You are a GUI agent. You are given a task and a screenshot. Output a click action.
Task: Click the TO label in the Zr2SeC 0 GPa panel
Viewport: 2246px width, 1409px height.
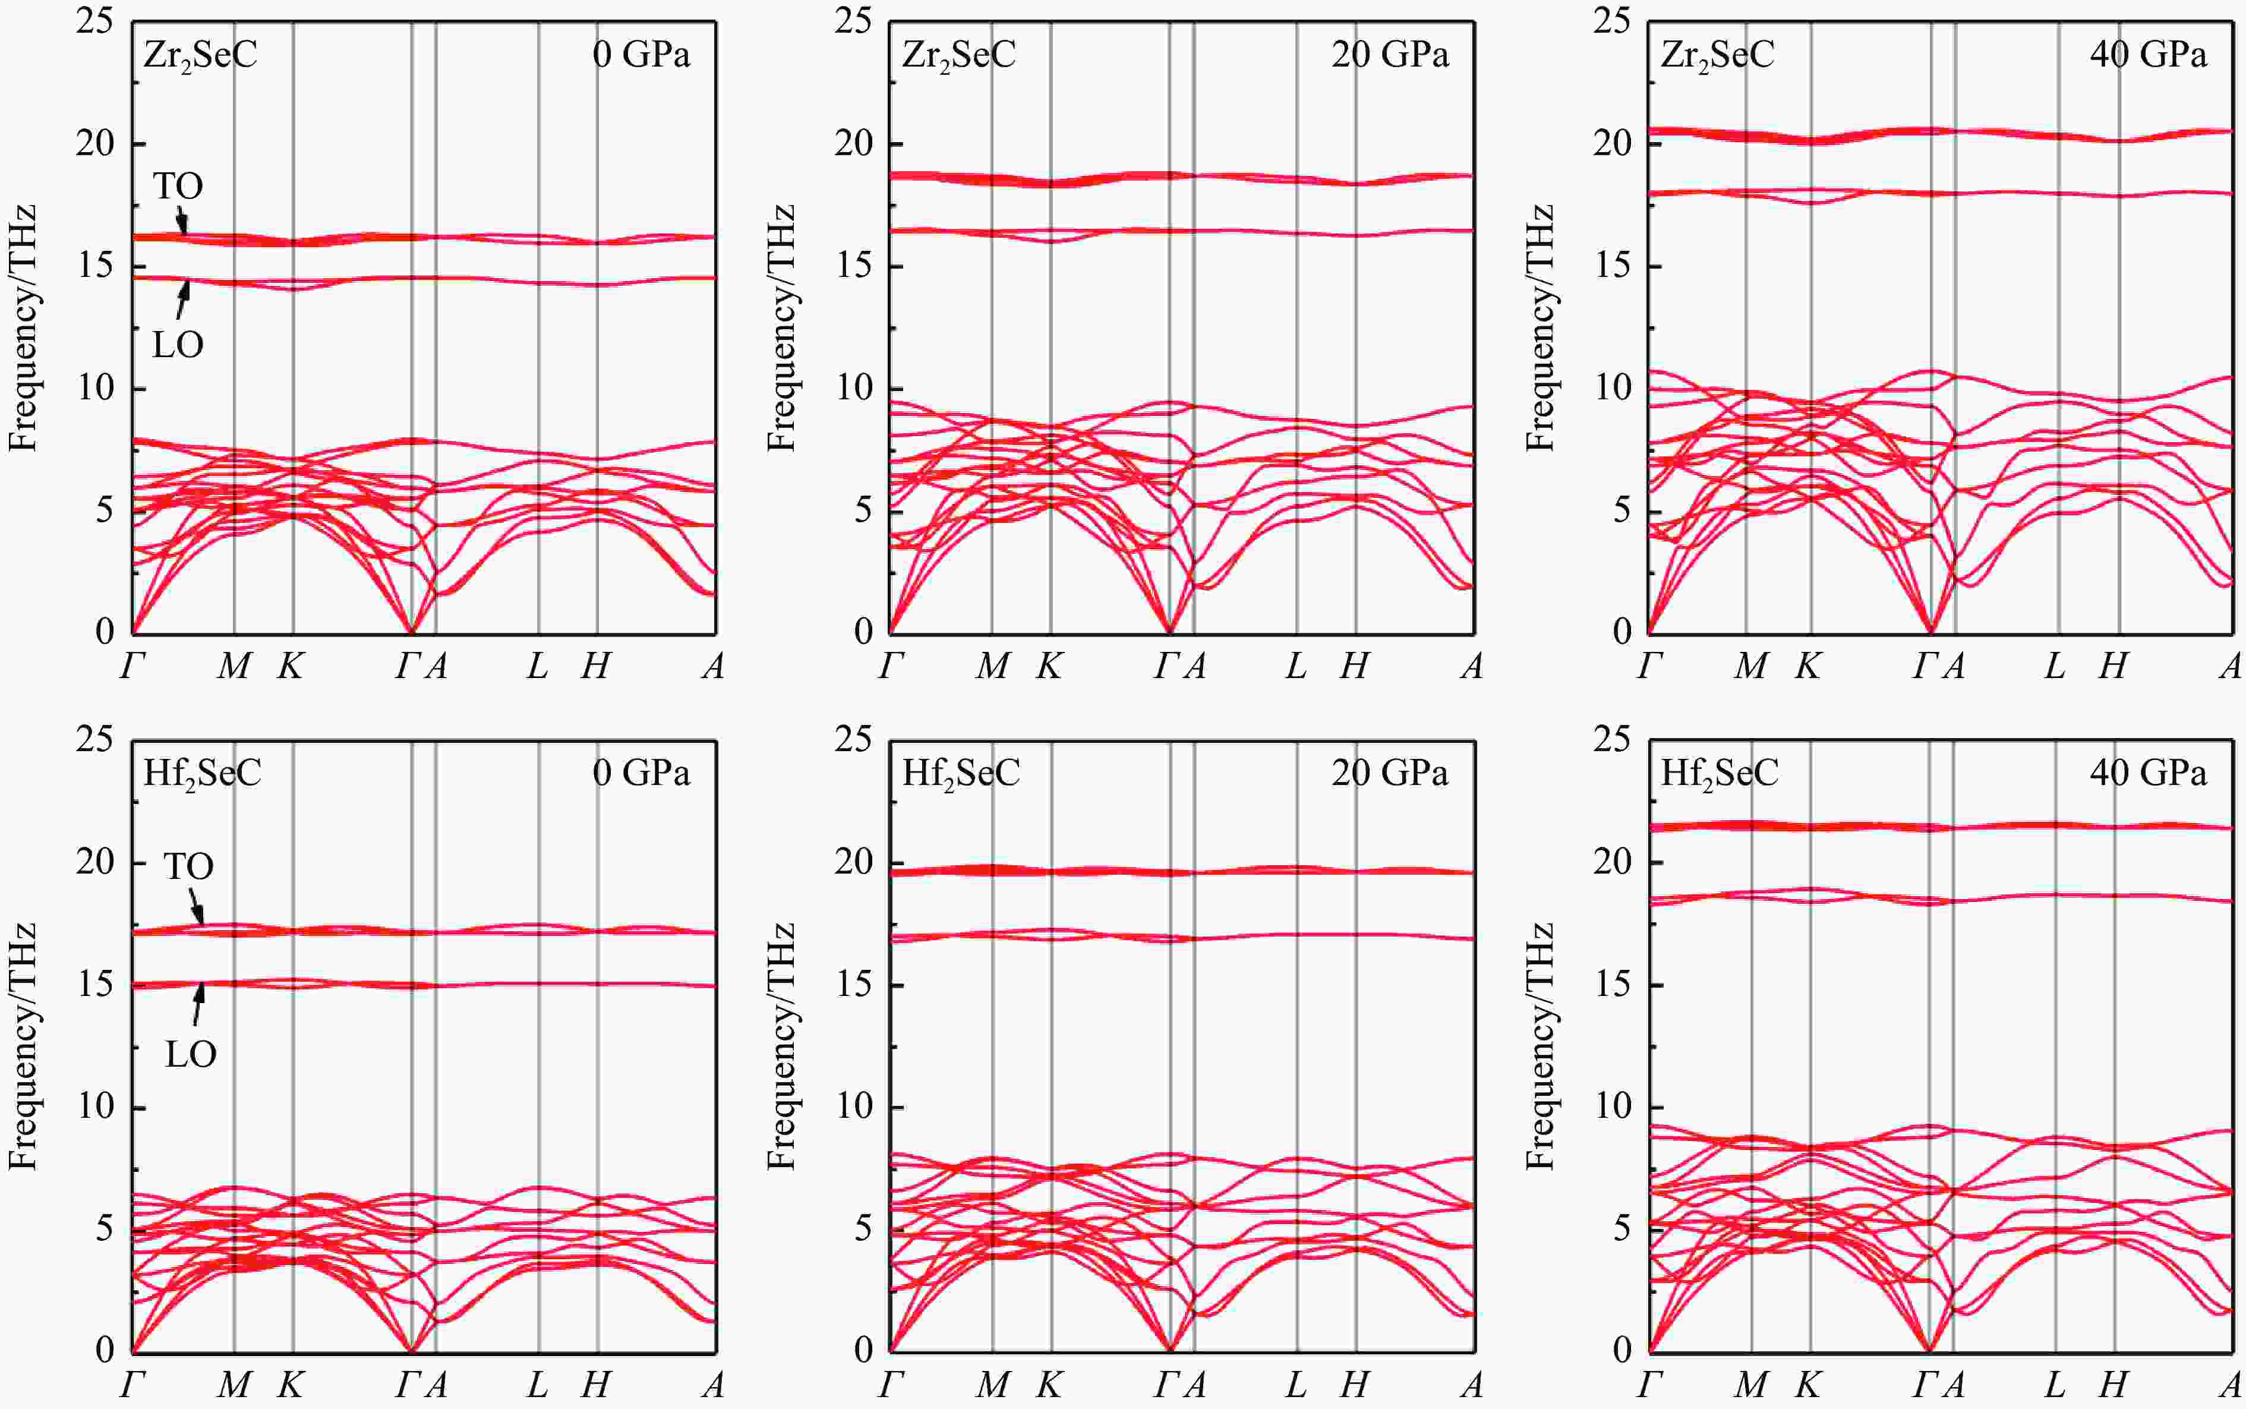pyautogui.click(x=178, y=187)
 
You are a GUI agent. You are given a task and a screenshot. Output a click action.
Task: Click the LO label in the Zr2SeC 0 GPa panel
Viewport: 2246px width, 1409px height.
pyautogui.click(x=178, y=346)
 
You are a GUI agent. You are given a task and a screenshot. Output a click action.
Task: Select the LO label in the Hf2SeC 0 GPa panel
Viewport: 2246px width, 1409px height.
pyautogui.click(x=191, y=1055)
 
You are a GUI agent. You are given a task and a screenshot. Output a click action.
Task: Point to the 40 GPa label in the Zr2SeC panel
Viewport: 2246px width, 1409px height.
pyautogui.click(x=2147, y=55)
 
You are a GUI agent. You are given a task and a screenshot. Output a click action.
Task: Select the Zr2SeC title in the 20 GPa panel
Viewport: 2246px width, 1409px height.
pyautogui.click(x=958, y=55)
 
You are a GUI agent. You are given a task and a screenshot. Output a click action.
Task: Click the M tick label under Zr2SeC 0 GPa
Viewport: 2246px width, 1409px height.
pyautogui.click(x=234, y=666)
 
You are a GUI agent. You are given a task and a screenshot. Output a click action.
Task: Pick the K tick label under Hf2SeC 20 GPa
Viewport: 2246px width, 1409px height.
pyautogui.click(x=1049, y=1385)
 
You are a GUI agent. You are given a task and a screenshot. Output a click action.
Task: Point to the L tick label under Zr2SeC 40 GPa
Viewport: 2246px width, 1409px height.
pyautogui.click(x=2054, y=666)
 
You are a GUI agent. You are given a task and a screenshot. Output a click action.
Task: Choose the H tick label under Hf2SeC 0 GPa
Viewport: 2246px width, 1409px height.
pyautogui.click(x=596, y=1385)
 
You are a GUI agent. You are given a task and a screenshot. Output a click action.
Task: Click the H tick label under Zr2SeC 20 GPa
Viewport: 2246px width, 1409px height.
pyautogui.click(x=1355, y=666)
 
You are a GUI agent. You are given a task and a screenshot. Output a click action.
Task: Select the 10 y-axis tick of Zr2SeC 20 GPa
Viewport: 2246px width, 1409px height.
pyautogui.click(x=853, y=387)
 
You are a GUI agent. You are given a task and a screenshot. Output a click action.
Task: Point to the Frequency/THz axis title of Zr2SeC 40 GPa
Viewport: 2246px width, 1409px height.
pyautogui.click(x=1539, y=328)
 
